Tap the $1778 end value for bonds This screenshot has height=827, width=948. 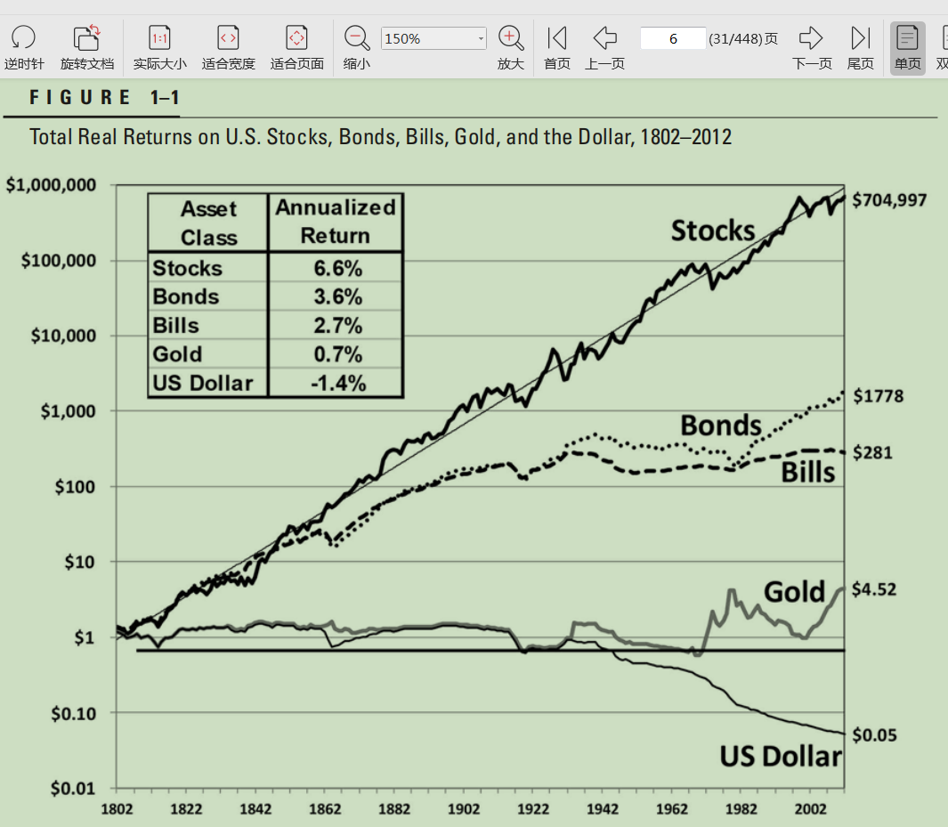tap(878, 396)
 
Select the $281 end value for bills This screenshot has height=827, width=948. tap(872, 453)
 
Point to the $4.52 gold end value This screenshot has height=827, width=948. tap(873, 589)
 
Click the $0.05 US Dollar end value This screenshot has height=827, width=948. tap(874, 735)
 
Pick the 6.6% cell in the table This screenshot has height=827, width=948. tap(337, 268)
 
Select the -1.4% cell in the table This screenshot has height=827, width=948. tap(337, 383)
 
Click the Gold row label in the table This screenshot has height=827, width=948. tap(177, 354)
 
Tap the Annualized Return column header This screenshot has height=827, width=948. tap(336, 222)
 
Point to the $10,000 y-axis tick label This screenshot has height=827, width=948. tap(62, 336)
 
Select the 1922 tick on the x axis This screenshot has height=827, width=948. tap(533, 808)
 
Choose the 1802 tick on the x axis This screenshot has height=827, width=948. tap(117, 808)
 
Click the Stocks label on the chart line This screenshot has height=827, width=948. tap(712, 231)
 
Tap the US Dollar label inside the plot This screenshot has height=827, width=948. tap(780, 757)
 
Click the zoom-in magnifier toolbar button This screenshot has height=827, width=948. tap(511, 38)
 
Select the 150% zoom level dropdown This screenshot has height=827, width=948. tap(433, 39)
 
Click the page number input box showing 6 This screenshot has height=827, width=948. tap(673, 38)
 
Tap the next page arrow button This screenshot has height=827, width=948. tap(811, 38)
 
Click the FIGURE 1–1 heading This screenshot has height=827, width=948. tap(92, 98)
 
